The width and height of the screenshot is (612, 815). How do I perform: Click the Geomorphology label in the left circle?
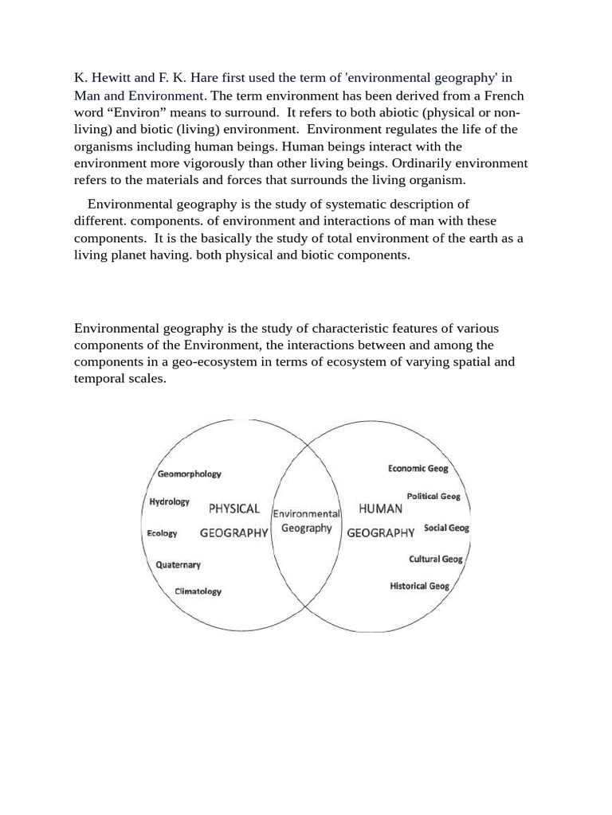[x=189, y=474]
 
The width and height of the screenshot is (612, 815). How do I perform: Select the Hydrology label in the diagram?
[x=169, y=501]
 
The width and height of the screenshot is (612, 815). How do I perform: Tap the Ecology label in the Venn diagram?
[x=162, y=533]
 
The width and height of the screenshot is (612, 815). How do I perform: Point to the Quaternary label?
[x=178, y=564]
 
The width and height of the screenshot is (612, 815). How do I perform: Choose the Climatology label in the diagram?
[x=198, y=591]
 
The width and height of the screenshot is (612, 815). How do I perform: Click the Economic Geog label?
[x=418, y=469]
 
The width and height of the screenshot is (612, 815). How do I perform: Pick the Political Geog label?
[x=433, y=496]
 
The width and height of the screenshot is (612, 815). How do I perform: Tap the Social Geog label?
[x=446, y=528]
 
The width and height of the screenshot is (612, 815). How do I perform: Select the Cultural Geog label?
[x=435, y=559]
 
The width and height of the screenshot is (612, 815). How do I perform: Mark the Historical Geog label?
[x=419, y=586]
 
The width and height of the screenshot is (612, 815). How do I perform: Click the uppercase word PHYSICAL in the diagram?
[x=234, y=508]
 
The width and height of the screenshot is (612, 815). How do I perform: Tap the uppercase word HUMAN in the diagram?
[x=380, y=508]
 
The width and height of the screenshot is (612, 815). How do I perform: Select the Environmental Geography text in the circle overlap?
[x=307, y=521]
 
